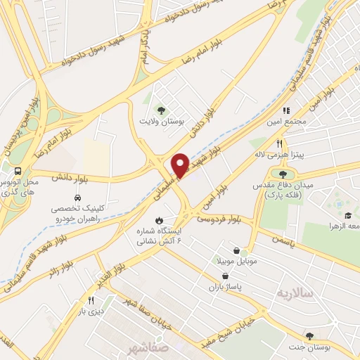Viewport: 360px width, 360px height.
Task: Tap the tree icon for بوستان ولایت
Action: point(161,110)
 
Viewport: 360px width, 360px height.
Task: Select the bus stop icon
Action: point(18,170)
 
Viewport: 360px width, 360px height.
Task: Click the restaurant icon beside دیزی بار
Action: point(90,300)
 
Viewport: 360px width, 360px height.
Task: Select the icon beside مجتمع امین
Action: point(285,111)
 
